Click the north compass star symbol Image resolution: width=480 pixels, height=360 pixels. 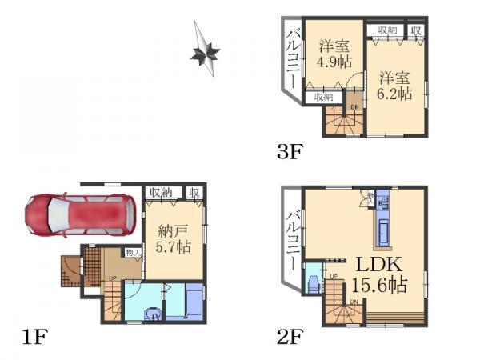coord(205,53)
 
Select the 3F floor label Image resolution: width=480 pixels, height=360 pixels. coord(290,150)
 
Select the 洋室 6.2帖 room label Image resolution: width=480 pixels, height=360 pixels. coord(395,86)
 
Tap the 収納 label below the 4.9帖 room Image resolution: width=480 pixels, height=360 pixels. coord(322,97)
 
